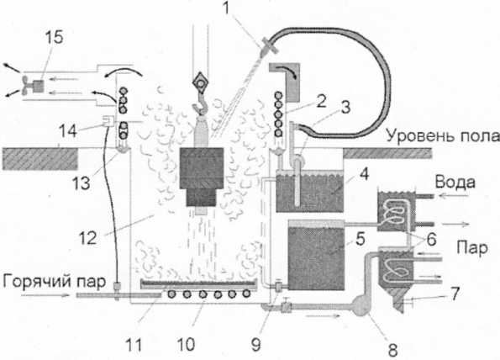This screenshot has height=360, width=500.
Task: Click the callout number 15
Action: point(54,37)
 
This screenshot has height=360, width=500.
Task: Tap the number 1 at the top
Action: point(227,8)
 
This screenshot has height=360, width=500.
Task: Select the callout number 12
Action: point(87,237)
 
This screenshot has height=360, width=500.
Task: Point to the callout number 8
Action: point(392,349)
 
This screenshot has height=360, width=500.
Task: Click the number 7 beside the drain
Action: point(454,294)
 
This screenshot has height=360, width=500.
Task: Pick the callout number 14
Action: point(67,131)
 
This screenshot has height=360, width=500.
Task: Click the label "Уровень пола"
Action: point(443,135)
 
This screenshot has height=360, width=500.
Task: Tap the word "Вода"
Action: point(455,183)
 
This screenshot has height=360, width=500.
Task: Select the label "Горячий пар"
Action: point(55,281)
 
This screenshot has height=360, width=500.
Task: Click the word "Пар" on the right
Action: point(472,247)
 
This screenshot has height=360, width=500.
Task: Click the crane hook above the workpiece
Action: point(200,106)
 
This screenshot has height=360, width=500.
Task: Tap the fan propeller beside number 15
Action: point(26,86)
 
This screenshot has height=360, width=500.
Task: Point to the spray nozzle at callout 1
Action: point(267,47)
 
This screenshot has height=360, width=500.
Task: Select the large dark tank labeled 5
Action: point(316,255)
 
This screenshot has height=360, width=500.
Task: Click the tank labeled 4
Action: point(309,192)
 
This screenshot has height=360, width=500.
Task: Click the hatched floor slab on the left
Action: point(39,158)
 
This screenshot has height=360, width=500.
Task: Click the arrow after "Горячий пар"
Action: point(45,295)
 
